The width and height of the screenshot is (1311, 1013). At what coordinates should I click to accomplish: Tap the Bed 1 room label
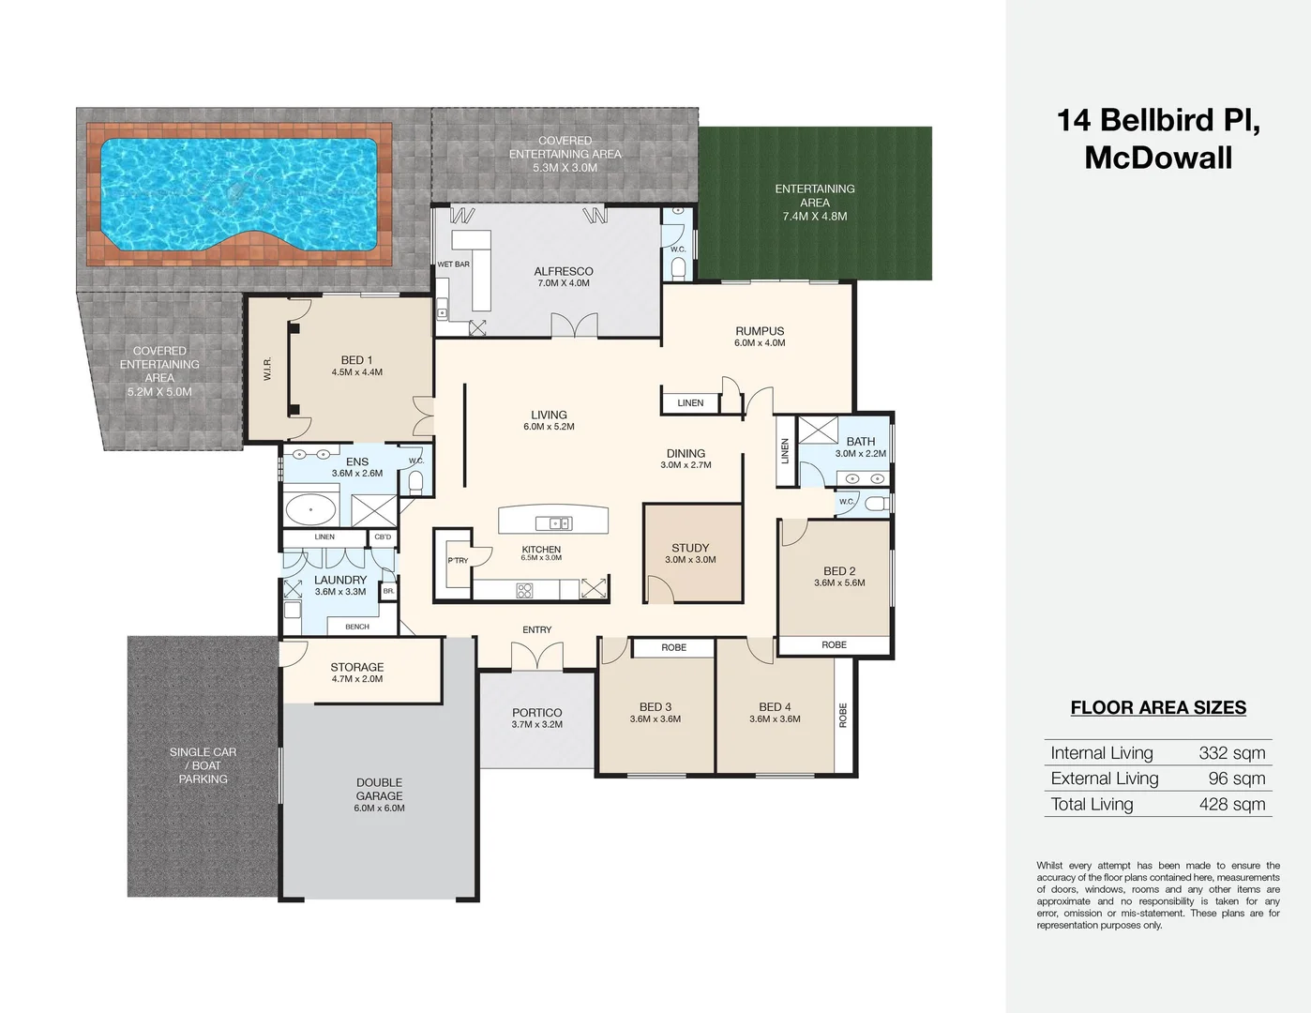click(x=356, y=360)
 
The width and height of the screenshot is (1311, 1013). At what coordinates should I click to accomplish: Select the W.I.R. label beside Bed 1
click(x=267, y=369)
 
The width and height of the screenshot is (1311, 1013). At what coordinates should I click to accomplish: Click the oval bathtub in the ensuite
click(x=310, y=510)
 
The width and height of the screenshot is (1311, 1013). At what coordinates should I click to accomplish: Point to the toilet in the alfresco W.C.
click(x=679, y=268)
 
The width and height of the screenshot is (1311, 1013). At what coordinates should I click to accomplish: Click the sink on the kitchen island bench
click(x=554, y=523)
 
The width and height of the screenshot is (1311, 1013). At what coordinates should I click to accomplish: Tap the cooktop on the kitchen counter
click(x=524, y=590)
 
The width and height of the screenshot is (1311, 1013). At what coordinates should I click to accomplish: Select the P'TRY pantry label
click(x=458, y=561)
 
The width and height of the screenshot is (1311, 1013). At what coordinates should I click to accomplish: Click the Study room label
click(x=690, y=548)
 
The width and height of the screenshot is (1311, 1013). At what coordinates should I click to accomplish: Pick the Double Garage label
click(x=379, y=789)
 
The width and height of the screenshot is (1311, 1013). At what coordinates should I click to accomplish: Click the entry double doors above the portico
click(x=537, y=656)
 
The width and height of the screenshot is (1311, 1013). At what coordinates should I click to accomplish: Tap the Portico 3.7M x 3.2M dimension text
click(x=537, y=725)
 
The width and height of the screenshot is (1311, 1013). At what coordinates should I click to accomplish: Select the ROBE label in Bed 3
click(x=674, y=647)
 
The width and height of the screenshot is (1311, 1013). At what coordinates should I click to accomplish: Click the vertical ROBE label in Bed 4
click(x=843, y=716)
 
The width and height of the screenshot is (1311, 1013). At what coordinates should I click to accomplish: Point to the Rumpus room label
click(x=760, y=331)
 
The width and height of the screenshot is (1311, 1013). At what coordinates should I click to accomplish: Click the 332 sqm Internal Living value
click(x=1232, y=753)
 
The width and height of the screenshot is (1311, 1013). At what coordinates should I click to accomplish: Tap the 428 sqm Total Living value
click(x=1232, y=804)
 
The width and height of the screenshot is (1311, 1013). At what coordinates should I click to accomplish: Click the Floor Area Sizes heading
click(x=1158, y=708)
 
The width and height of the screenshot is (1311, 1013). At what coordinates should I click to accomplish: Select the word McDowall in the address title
click(x=1158, y=159)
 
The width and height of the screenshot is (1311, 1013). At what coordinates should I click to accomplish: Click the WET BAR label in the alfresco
click(x=453, y=265)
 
